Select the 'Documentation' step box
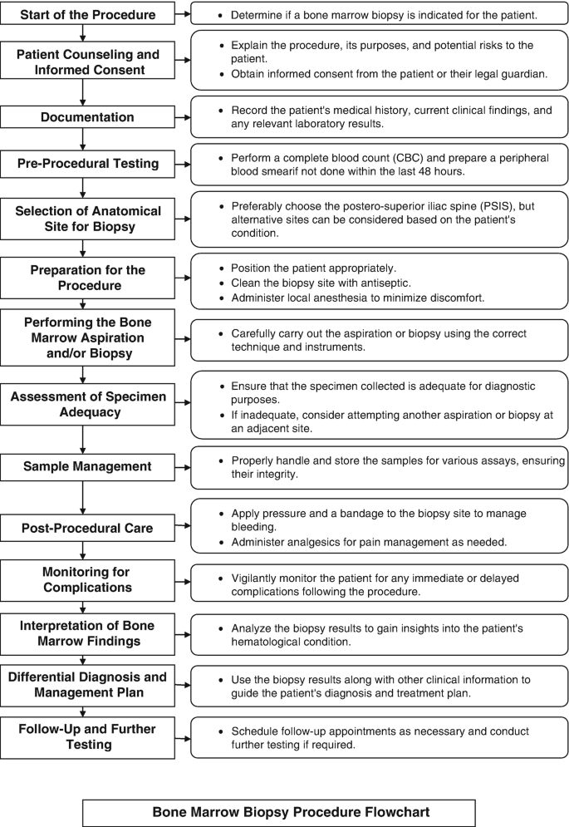point(88,117)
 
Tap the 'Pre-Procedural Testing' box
point(88,163)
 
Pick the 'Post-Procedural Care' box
point(88,528)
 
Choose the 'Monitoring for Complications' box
point(88,580)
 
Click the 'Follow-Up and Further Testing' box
point(88,736)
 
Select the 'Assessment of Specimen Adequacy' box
point(88,405)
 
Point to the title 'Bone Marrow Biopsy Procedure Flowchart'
point(278,812)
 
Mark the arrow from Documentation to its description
point(183,117)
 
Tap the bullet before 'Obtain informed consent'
point(220,74)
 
